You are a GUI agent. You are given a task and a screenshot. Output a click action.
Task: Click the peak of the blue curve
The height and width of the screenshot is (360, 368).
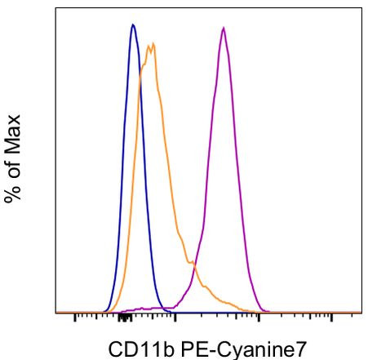pyautogui.click(x=133, y=24)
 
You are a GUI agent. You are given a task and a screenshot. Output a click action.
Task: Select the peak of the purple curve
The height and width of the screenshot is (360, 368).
pyautogui.click(x=223, y=28)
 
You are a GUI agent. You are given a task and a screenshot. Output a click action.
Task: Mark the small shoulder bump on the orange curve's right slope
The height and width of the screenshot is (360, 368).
pyautogui.click(x=192, y=263)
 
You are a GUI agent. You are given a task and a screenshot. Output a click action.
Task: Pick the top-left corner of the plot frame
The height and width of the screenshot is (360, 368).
pyautogui.click(x=55, y=9)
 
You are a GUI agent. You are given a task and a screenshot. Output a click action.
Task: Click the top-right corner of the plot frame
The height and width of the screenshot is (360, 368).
pyautogui.click(x=361, y=9)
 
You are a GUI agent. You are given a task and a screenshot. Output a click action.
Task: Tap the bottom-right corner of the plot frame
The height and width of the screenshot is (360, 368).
pyautogui.click(x=361, y=313)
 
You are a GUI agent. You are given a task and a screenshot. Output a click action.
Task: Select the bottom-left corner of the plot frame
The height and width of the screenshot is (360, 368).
pyautogui.click(x=55, y=313)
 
